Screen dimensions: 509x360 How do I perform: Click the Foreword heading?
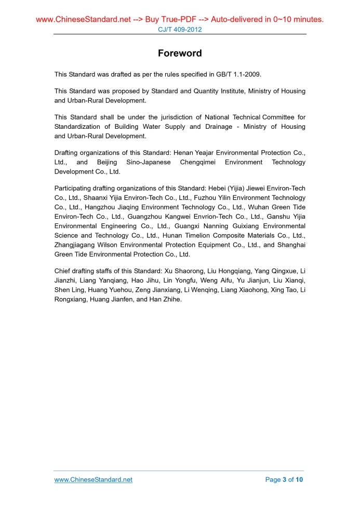tap(180, 53)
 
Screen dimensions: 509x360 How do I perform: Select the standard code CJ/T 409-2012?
tap(180, 30)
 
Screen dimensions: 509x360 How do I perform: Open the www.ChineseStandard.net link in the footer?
tap(94, 479)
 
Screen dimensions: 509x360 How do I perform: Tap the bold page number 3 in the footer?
tap(284, 479)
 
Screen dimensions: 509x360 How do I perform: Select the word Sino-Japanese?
tap(145, 162)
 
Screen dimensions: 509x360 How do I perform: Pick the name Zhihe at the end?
tap(170, 299)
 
